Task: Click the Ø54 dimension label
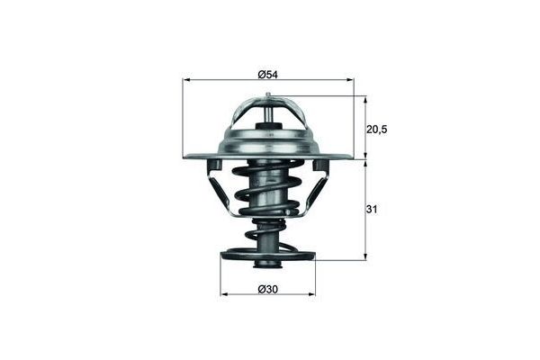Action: pos(267,74)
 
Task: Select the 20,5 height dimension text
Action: pos(376,129)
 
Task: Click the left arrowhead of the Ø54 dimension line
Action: pos(186,81)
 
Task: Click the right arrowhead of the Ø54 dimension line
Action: pos(351,81)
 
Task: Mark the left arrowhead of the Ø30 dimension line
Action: pos(223,294)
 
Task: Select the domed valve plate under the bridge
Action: pos(268,141)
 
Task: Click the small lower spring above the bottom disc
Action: pos(267,236)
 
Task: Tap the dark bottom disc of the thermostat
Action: pos(267,256)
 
